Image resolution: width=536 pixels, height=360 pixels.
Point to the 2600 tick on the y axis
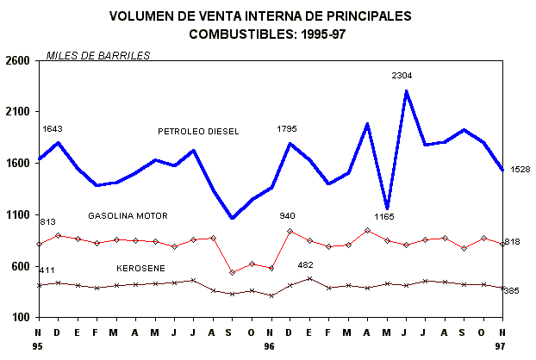18,61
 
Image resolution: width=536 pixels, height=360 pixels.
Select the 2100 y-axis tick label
18,112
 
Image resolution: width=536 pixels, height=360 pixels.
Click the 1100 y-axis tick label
18,215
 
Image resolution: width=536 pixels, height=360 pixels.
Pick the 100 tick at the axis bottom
22,318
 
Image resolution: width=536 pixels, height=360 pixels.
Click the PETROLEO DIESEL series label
198,131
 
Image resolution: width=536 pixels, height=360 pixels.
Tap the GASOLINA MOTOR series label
128,215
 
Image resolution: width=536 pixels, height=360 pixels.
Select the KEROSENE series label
141,269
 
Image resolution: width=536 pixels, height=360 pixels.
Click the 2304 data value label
402,76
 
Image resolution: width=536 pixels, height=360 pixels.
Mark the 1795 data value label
287,128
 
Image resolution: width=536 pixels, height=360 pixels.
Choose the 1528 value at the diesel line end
520,169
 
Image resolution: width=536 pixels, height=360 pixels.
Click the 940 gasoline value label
287,215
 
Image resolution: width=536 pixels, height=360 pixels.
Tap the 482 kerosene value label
305,265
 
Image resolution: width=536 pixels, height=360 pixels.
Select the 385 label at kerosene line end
511,291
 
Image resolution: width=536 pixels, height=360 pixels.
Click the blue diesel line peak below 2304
406,91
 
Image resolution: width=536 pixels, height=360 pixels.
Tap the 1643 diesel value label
52,128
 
